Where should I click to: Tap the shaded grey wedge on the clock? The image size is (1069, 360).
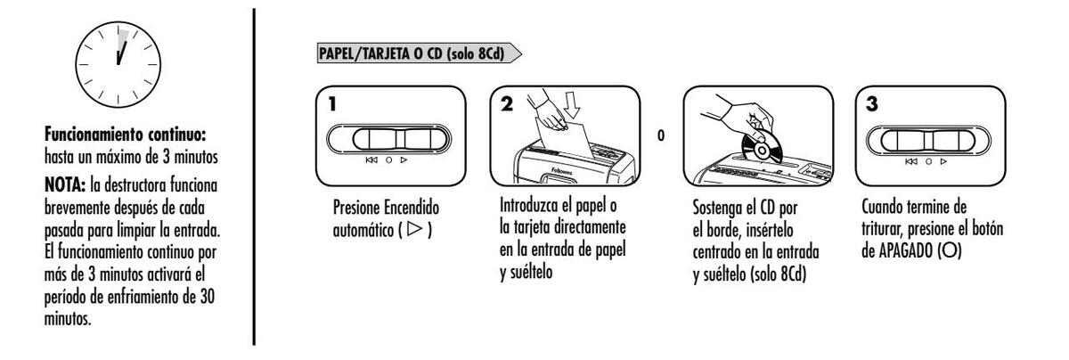(124, 39)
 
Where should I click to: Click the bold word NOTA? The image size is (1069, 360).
(65, 185)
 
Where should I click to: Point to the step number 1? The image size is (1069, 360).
(332, 104)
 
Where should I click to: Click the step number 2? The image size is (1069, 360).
(507, 103)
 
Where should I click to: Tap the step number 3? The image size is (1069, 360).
(871, 104)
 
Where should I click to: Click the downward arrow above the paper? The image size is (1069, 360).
(572, 105)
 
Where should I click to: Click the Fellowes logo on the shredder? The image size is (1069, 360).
(561, 171)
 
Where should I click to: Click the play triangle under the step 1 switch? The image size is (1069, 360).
(404, 160)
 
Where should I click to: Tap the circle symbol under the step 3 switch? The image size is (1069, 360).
(928, 161)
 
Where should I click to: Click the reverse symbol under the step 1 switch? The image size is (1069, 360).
(371, 160)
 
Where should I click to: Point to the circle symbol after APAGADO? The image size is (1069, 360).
(950, 250)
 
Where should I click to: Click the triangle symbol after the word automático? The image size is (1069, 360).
(415, 229)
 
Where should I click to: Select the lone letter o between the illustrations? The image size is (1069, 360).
(660, 135)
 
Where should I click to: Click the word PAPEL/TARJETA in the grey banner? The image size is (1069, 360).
(360, 53)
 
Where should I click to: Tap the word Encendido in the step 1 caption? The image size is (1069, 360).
(412, 208)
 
